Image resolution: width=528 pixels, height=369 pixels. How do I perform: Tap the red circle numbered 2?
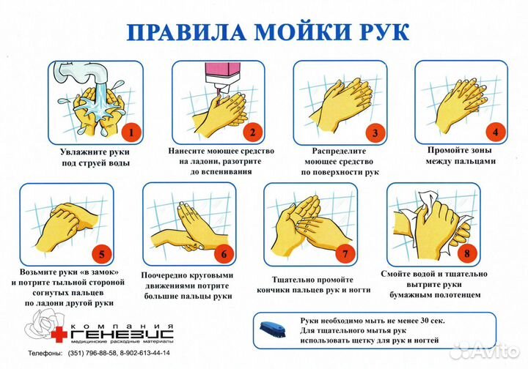(252, 133)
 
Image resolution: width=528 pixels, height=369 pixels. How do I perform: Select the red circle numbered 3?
(374, 133)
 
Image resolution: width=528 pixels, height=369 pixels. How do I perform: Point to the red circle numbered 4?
(495, 133)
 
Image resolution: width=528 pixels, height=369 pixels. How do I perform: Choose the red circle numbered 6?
(225, 256)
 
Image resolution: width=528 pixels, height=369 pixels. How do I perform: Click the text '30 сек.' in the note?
(428, 321)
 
